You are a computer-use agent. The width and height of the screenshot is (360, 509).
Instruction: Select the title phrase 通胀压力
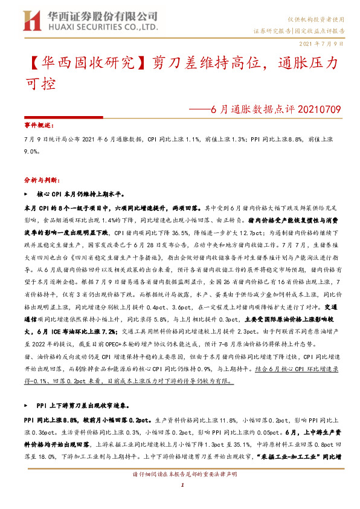click(309, 62)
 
